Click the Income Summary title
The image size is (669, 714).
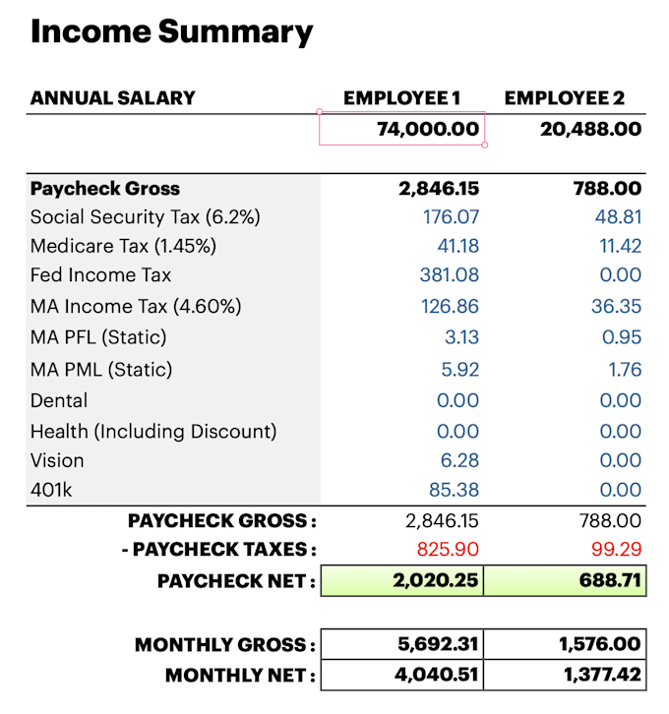[x=172, y=32]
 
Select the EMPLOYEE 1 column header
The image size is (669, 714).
[x=401, y=98]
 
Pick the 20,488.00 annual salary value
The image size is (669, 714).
[x=590, y=129]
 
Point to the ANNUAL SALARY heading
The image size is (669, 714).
[x=113, y=98]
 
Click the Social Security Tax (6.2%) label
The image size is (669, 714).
[x=146, y=216]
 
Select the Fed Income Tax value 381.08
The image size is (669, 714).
[x=451, y=275]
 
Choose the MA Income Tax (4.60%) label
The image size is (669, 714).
[x=136, y=307]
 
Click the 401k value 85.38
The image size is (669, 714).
[x=454, y=489]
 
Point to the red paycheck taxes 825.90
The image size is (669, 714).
[x=449, y=549]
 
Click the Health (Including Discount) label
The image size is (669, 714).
[x=153, y=431]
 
